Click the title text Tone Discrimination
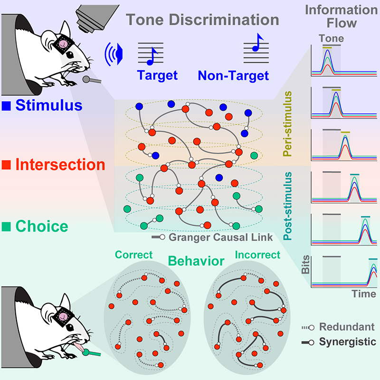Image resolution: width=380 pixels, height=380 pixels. pos(202,19)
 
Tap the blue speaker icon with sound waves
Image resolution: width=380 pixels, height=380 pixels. pos(114,54)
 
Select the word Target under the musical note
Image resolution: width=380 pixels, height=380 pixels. pos(157,76)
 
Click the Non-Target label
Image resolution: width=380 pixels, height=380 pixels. pos(233,76)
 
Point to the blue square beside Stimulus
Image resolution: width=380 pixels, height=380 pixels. pos(6,106)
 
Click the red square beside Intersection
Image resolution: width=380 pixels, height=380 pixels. pos(6,164)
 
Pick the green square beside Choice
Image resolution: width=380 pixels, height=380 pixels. pos(6,227)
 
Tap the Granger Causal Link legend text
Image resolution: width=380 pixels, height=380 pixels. pos(220,237)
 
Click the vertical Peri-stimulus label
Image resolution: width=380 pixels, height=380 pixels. pos(287,123)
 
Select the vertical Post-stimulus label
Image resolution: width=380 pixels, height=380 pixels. pos(287,206)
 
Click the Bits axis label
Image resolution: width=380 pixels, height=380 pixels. pos(305,265)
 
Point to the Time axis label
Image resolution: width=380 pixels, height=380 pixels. pos(364,294)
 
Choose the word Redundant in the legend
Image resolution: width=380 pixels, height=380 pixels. pos(347,327)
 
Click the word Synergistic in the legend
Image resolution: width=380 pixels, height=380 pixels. pos(348,342)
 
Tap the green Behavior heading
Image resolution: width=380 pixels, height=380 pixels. pos(196,261)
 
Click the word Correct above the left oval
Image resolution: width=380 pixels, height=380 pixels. pos(134,255)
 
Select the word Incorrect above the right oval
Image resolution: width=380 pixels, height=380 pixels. pos(257,255)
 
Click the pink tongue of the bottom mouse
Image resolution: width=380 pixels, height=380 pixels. pos(79,347)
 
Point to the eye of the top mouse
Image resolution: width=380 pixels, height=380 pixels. pos(70,55)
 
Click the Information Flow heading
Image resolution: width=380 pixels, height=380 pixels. pos(342,17)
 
